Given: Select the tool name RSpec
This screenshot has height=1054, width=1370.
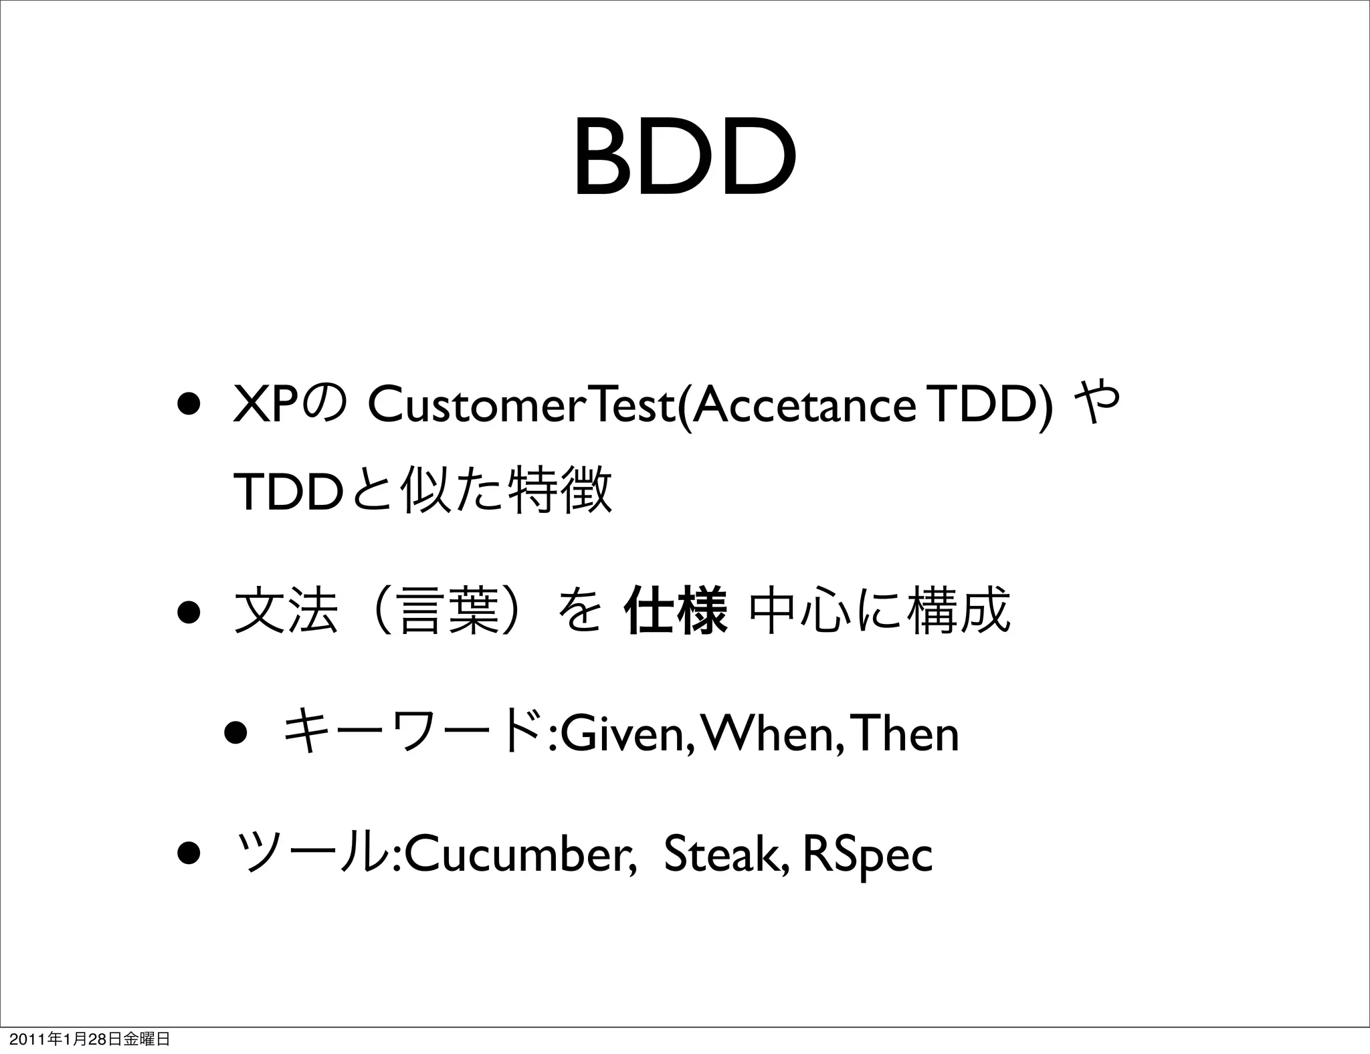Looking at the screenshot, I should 867,855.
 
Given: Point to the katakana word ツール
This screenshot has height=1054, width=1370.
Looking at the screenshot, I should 312,855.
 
